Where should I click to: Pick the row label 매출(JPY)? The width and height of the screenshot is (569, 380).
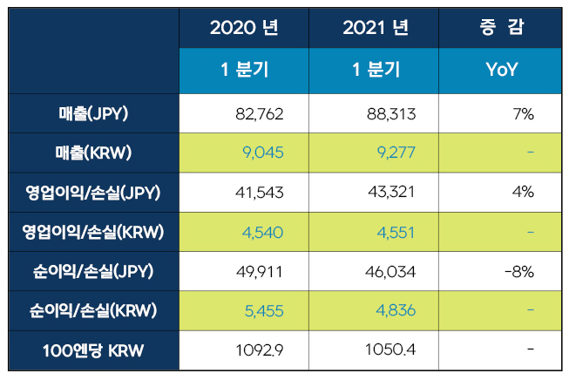pos(92,113)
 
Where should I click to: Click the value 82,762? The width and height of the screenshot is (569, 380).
pos(260,113)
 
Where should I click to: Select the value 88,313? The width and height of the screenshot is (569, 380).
pos(389,113)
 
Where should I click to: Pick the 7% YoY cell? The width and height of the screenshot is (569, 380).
pos(523,113)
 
